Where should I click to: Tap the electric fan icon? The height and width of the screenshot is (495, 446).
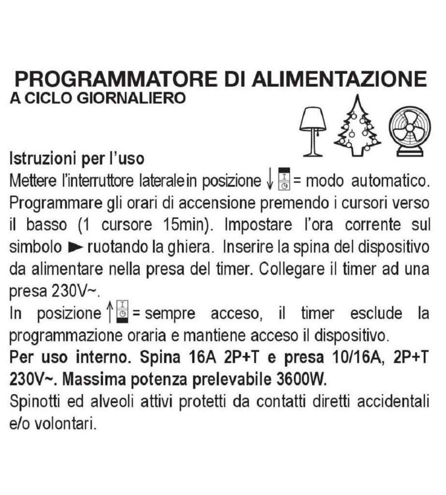pos(410,131)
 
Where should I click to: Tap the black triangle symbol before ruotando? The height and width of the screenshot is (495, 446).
pos(76,247)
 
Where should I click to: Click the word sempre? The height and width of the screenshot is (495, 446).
pos(170,314)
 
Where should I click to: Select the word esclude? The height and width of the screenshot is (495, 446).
pos(376,313)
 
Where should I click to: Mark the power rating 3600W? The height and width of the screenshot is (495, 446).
pos(301,380)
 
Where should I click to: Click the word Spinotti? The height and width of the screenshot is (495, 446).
pos(35,402)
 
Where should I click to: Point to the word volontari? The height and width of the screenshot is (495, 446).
pos(65,424)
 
